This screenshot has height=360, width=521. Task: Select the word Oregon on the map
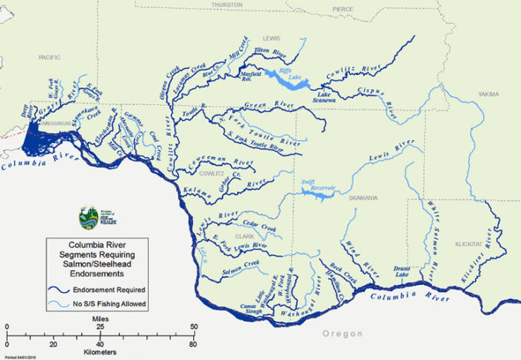click(341, 333)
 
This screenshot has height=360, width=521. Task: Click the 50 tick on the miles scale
click(193, 328)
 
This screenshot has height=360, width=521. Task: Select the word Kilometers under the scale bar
click(100, 353)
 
